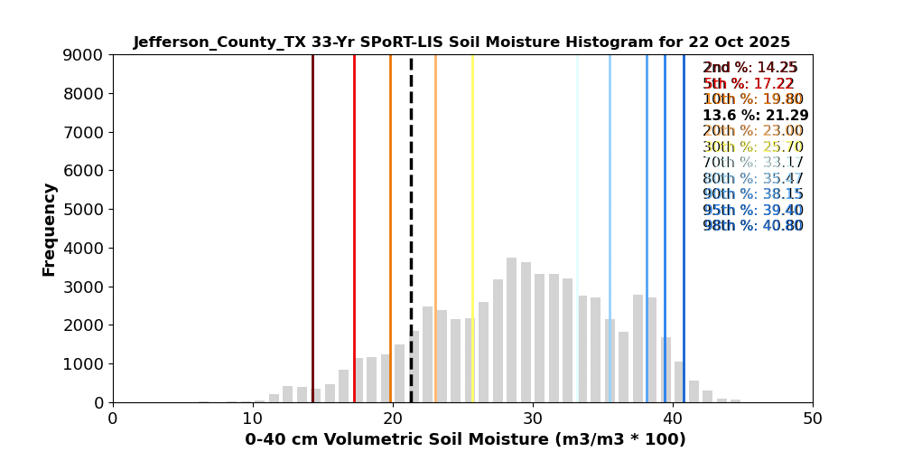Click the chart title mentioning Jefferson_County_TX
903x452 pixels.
click(461, 42)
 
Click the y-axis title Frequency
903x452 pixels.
click(49, 230)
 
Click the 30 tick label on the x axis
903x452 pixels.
click(533, 419)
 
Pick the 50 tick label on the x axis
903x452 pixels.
click(813, 419)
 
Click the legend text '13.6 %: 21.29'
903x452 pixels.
click(755, 116)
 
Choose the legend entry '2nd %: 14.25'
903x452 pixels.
click(750, 68)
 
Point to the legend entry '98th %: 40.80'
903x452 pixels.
click(753, 226)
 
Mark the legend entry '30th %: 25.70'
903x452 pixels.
click(753, 147)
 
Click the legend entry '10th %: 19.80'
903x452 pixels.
click(753, 99)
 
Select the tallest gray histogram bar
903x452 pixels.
click(512, 330)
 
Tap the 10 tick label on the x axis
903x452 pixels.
click(253, 419)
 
